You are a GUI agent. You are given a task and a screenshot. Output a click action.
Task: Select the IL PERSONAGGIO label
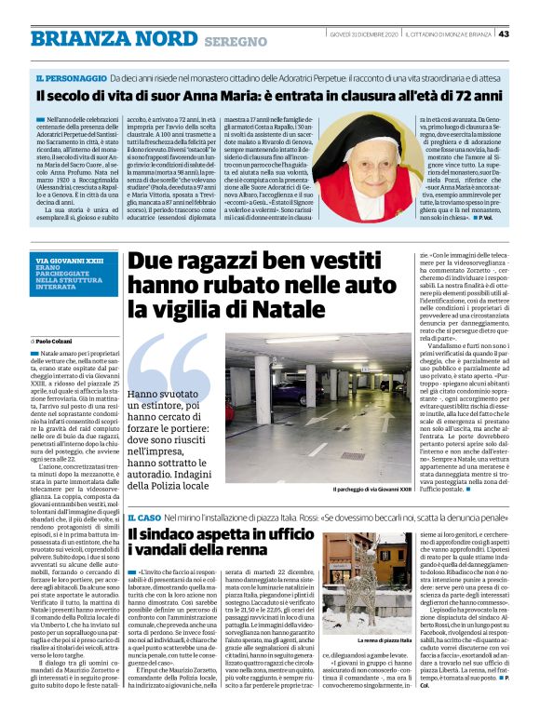[68, 78]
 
